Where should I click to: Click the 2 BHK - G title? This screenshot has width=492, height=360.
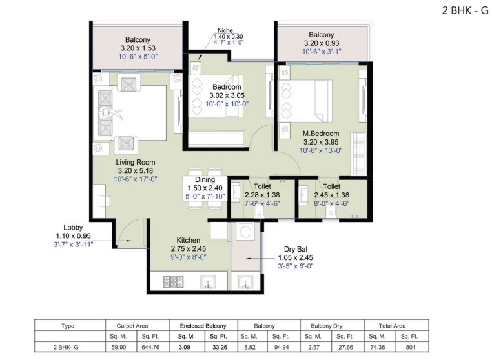click(465, 10)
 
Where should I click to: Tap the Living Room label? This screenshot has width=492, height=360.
click(136, 162)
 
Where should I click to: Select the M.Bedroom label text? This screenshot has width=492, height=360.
click(321, 134)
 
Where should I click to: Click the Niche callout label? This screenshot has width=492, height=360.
click(225, 30)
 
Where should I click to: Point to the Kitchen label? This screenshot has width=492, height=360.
click(189, 240)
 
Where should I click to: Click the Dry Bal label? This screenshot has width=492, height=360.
click(296, 249)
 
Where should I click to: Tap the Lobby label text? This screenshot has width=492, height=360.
click(73, 227)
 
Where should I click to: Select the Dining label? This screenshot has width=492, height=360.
click(205, 180)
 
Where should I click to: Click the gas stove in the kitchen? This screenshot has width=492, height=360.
click(173, 282)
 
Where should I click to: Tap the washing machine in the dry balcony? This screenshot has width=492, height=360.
click(245, 232)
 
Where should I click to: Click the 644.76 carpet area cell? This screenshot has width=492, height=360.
click(150, 347)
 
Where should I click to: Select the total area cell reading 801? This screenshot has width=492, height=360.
click(411, 347)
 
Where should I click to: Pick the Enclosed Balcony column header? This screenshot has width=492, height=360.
click(203, 326)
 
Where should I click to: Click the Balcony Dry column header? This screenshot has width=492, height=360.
click(326, 326)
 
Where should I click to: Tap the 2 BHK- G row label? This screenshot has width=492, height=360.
click(66, 347)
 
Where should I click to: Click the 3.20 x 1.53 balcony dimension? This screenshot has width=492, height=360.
click(138, 48)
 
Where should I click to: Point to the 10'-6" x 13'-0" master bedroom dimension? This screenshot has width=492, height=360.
click(321, 150)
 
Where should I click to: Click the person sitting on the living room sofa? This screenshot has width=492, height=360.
click(110, 113)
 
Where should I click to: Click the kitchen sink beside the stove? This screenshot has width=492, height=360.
click(208, 282)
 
